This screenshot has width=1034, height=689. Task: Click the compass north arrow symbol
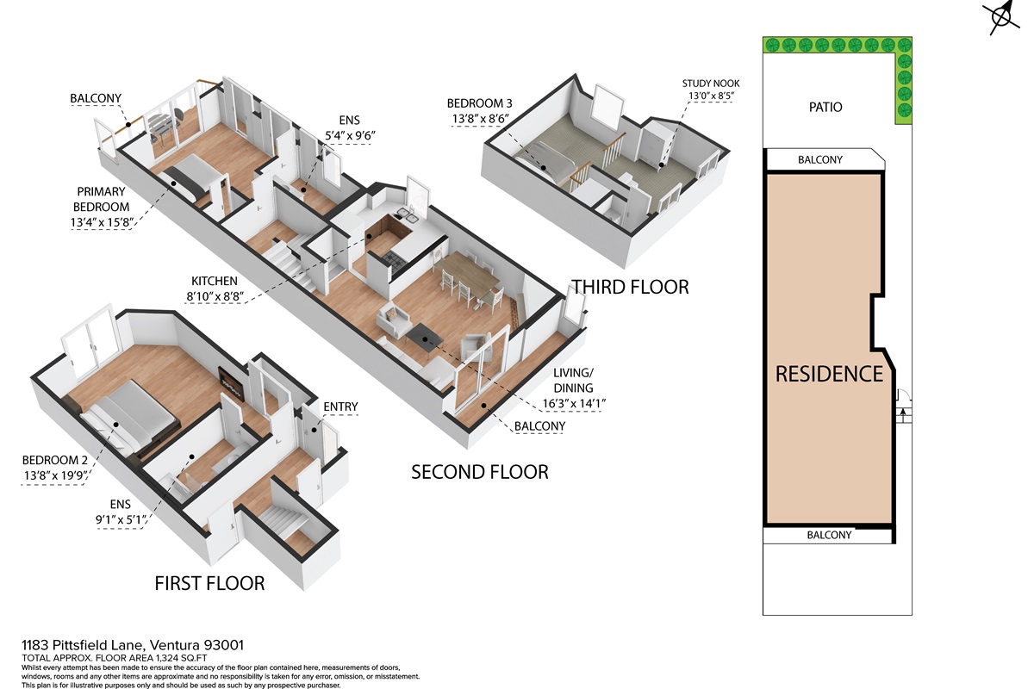click(x=1000, y=17)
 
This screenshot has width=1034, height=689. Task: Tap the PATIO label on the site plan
click(x=825, y=107)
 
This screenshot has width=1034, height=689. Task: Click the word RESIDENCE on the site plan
click(x=829, y=374)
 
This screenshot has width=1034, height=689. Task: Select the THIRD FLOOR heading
click(x=630, y=287)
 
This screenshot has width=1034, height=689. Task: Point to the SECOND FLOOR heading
click(x=480, y=472)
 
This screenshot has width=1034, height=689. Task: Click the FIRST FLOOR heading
click(x=209, y=583)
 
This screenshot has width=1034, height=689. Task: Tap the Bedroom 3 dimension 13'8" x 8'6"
click(x=480, y=119)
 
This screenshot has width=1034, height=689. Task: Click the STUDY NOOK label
click(x=711, y=84)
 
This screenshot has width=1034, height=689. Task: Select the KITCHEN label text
click(x=215, y=281)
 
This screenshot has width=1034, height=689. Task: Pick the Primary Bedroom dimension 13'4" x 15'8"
click(x=102, y=222)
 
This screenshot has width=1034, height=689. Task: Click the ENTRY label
click(x=340, y=407)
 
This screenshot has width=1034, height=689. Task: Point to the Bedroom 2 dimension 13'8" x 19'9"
click(x=54, y=475)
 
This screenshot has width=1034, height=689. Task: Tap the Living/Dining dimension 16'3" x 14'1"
click(x=574, y=404)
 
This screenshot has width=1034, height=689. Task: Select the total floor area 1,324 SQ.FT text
click(x=182, y=658)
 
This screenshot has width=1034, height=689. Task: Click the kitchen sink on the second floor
click(x=407, y=213)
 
